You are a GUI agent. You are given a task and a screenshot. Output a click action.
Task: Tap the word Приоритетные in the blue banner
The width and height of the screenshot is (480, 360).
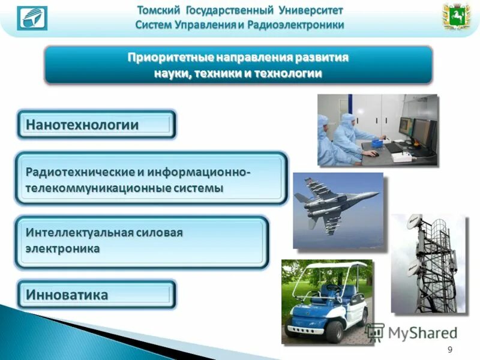click(164, 58)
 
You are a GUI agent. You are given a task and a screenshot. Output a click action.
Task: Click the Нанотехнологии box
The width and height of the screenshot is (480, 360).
click(96, 125)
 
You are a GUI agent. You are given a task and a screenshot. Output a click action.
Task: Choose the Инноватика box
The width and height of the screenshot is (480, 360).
click(96, 295)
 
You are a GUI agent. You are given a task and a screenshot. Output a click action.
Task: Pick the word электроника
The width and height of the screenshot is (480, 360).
click(62, 247)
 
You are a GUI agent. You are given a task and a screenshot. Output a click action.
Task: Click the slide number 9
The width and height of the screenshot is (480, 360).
click(450, 350)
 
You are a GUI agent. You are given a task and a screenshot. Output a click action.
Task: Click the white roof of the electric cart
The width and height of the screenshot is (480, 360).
click(333, 266)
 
